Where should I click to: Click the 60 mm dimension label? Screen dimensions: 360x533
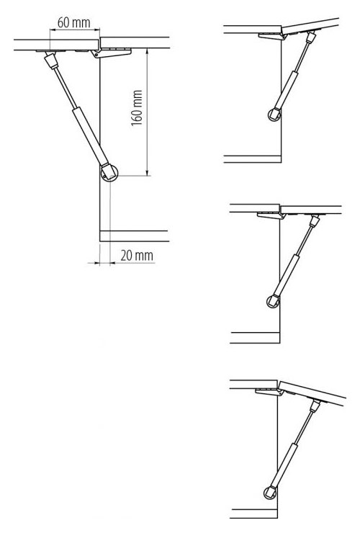point(73,23)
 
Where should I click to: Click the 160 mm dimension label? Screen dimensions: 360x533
point(137,108)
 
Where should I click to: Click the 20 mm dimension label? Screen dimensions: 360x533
point(137,255)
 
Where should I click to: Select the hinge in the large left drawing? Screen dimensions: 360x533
point(112,53)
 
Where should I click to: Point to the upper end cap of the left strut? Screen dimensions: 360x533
point(51,61)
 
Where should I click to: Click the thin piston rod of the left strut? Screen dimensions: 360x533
point(65,87)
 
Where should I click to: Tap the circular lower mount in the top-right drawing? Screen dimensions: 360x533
point(274,115)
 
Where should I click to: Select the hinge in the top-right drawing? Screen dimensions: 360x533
point(272,36)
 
